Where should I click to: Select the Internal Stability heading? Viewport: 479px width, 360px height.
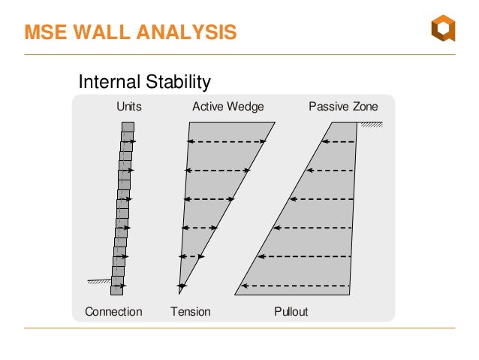pos(144,81)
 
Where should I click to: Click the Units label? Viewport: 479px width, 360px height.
pos(128,107)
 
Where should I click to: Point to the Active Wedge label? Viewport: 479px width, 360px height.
pos(227,107)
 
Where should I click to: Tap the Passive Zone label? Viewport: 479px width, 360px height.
pos(343,107)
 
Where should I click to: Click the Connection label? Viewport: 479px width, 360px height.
pos(113,311)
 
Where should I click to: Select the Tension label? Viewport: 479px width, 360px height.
pos(191,311)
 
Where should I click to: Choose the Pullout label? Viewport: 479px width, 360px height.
pos(291,311)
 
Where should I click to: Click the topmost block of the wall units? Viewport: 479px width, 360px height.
pos(128,127)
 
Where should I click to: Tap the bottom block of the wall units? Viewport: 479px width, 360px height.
pos(116,289)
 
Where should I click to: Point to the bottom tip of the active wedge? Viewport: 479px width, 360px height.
pos(179,292)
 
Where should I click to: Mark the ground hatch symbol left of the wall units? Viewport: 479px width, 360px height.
pos(98,282)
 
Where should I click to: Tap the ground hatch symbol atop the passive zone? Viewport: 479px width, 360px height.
pos(369,125)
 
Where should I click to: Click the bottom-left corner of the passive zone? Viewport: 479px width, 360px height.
pos(236,293)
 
